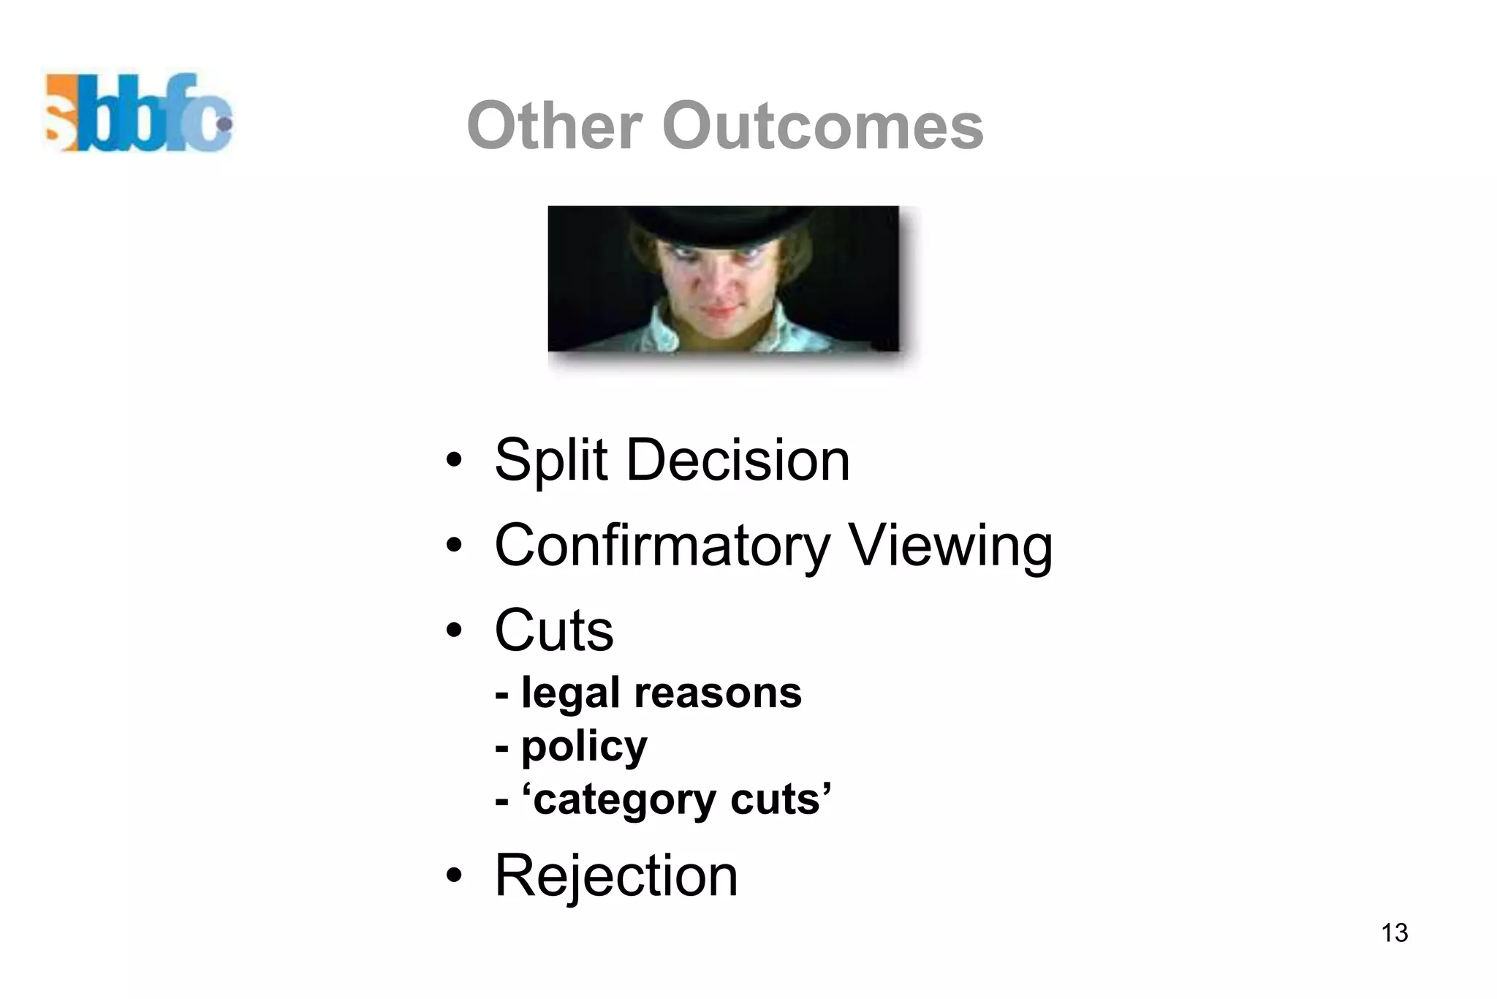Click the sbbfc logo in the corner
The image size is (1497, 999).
[139, 113]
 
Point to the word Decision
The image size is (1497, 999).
[738, 461]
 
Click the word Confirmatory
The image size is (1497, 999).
[662, 546]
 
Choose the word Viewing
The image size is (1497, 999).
[950, 546]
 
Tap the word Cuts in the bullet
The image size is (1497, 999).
[554, 630]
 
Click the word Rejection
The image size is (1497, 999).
[616, 875]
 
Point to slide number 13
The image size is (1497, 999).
[1395, 933]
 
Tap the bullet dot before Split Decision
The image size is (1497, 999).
[454, 461]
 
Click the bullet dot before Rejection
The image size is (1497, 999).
[454, 875]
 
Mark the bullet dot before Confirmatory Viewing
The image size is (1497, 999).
[454, 546]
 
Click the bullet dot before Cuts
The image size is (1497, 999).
[454, 630]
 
